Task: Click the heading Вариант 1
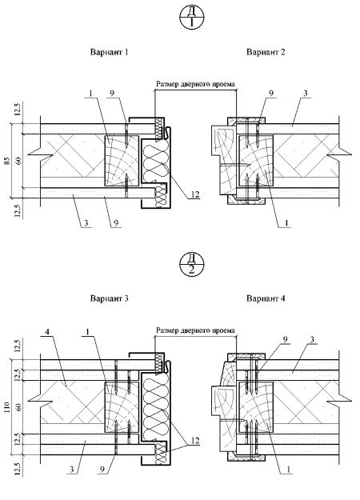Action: (x=109, y=52)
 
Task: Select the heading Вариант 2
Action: (x=266, y=52)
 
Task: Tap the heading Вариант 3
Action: (x=109, y=298)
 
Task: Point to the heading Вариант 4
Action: (x=266, y=298)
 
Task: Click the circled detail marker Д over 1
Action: (x=192, y=18)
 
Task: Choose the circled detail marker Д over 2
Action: (x=192, y=265)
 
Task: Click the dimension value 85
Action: (x=8, y=161)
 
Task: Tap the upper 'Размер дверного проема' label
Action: (x=195, y=84)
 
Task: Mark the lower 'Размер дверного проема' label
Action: (x=195, y=330)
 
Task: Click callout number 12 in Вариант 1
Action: (x=195, y=194)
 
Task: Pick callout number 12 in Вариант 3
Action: (x=194, y=441)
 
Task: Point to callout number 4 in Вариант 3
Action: (x=47, y=332)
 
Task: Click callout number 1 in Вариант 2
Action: (x=286, y=223)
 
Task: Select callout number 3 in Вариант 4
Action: (x=312, y=340)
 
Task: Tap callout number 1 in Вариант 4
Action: (x=288, y=470)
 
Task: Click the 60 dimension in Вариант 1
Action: (x=18, y=161)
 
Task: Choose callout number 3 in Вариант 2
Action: (x=306, y=94)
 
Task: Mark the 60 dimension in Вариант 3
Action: (x=18, y=407)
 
